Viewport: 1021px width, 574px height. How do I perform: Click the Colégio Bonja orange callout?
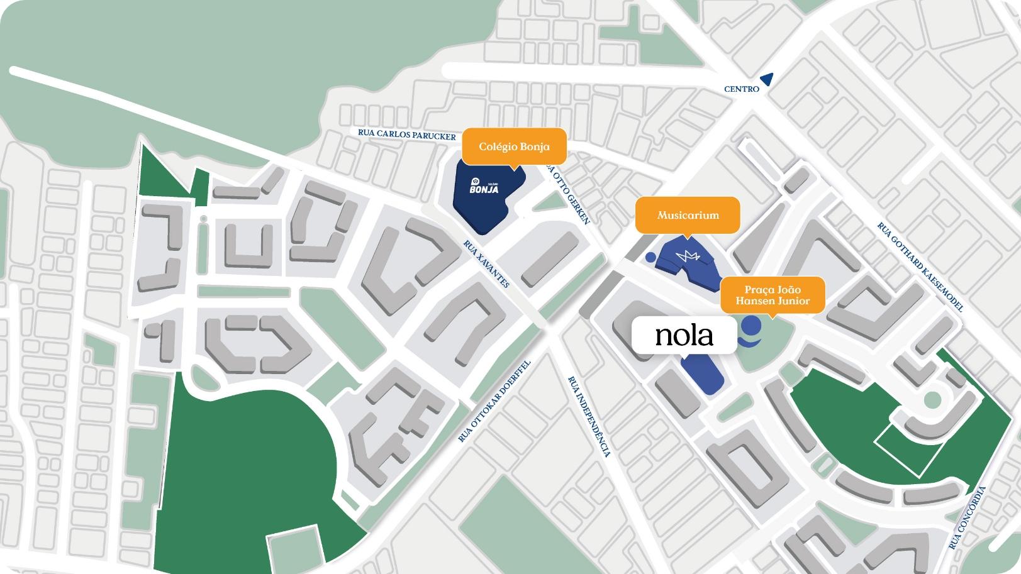(x=514, y=146)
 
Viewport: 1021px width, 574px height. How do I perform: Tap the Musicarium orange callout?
(x=688, y=215)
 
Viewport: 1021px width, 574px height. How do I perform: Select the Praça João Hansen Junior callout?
(x=772, y=295)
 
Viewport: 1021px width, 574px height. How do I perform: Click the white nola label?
(x=684, y=335)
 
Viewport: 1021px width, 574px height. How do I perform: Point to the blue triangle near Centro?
(x=766, y=79)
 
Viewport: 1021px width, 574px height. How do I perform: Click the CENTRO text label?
(x=742, y=89)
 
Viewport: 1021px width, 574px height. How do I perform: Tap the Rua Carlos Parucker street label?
(x=406, y=135)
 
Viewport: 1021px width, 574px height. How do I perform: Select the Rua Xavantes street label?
(x=486, y=264)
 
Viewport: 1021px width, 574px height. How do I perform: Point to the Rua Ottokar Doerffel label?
(x=495, y=401)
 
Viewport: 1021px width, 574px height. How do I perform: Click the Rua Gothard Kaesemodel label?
(x=920, y=267)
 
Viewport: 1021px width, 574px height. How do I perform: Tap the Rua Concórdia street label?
(x=968, y=517)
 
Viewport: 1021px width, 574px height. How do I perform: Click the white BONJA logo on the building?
(x=483, y=186)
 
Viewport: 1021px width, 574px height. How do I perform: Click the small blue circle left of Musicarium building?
(x=650, y=257)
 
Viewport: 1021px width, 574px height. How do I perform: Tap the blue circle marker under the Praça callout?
(x=750, y=326)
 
